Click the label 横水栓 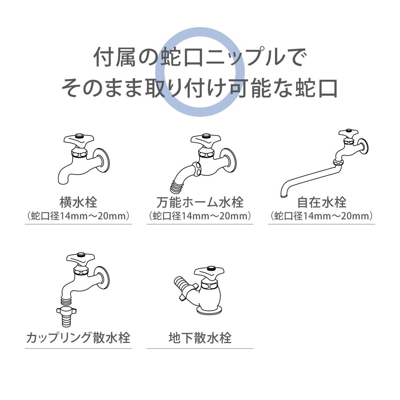(x=78, y=202)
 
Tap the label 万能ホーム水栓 (x=200, y=202)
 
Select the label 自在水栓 (x=321, y=202)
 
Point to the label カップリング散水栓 (x=78, y=337)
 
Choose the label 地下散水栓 (x=200, y=337)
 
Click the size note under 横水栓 (x=78, y=216)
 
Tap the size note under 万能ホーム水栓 (x=200, y=216)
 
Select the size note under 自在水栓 (x=321, y=216)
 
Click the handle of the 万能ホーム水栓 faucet (x=205, y=139)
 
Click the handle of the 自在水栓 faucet (x=348, y=133)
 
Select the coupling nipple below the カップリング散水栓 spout (x=67, y=312)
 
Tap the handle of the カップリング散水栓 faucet (x=80, y=258)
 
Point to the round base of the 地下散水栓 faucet (x=209, y=310)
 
